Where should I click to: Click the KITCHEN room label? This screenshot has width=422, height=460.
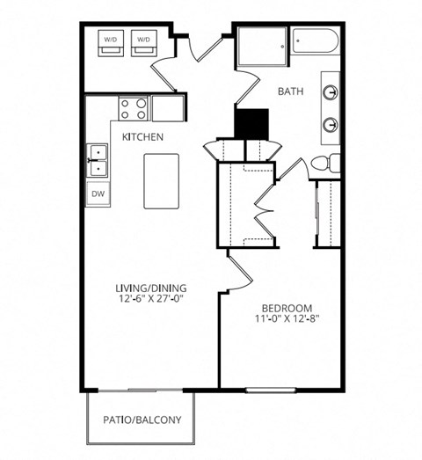coord(141,136)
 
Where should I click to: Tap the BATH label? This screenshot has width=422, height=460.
coord(291,91)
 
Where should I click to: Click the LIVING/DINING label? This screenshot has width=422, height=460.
coord(155,288)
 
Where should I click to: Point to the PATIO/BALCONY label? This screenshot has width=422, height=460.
coord(142,420)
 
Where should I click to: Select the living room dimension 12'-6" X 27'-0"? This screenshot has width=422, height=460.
coord(155,299)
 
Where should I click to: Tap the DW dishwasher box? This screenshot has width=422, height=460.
coord(97,193)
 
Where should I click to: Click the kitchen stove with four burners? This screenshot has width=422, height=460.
coord(132,108)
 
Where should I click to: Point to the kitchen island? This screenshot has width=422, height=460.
coord(161,180)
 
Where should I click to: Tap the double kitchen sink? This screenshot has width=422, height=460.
coord(97,162)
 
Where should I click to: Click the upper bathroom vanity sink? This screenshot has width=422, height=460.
coord(331,91)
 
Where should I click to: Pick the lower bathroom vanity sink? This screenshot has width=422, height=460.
coord(331,123)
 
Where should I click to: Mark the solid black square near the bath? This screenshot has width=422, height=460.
coord(251,121)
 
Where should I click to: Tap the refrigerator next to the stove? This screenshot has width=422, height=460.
coord(168,108)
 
